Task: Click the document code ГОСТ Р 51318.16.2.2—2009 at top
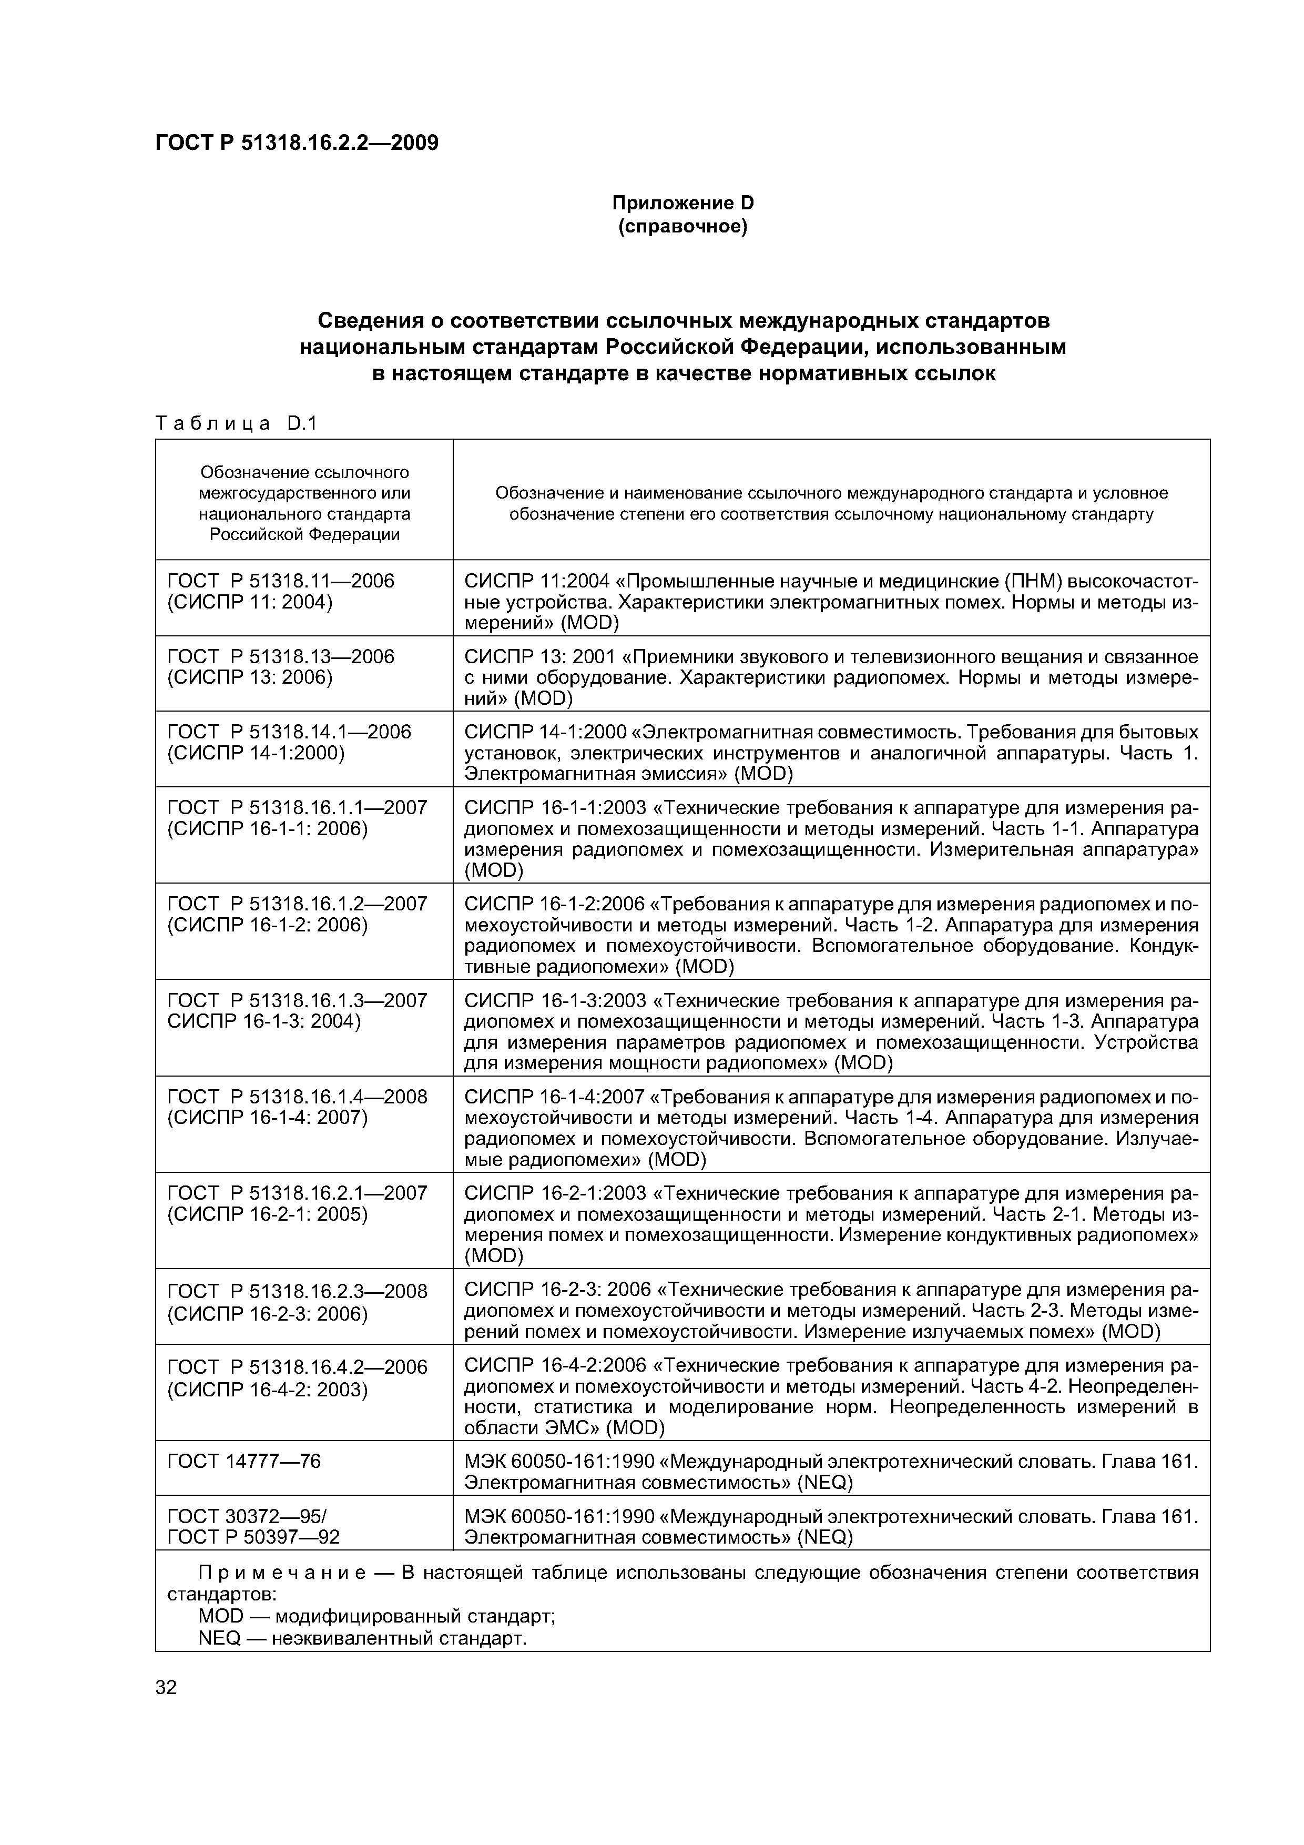297,143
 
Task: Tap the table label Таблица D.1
236,423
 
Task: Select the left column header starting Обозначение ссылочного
304,503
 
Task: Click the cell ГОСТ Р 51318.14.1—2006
289,732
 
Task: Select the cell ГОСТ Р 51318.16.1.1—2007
297,808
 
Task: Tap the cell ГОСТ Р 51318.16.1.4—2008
297,1097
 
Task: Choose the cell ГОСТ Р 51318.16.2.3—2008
297,1291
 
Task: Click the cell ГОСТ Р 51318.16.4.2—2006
297,1367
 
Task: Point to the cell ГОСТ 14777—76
243,1461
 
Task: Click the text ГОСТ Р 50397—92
253,1536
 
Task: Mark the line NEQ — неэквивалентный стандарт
362,1638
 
